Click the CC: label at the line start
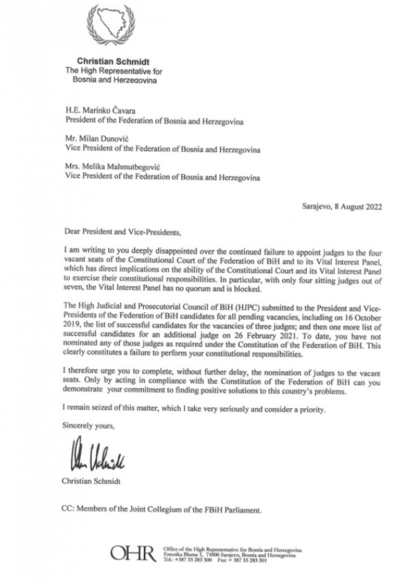pyautogui.click(x=68, y=510)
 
